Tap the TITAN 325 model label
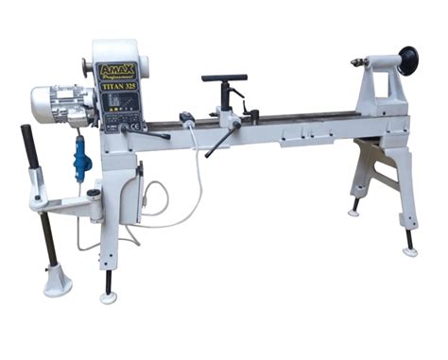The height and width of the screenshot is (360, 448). pos(118,85)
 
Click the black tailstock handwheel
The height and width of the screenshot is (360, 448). pos(408,60)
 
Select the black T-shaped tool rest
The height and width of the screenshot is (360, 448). pos(224,78)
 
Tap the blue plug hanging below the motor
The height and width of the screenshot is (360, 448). pos(80,154)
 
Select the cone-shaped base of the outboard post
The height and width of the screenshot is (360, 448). pos(58,281)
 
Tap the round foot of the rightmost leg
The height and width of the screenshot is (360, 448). pos(409,251)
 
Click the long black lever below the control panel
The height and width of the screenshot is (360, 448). pos(151,133)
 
